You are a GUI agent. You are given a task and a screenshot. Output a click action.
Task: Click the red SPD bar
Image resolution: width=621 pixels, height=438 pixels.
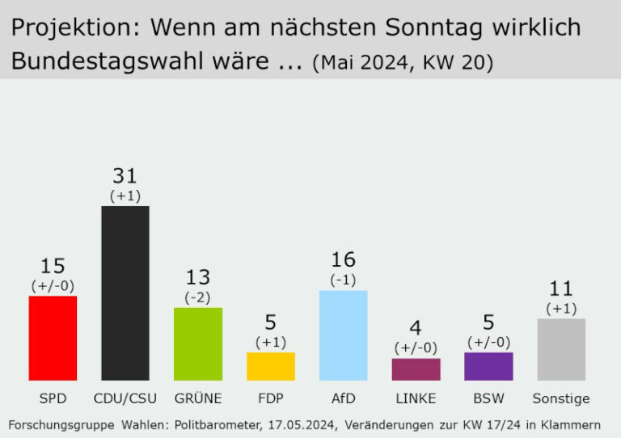[x=53, y=338]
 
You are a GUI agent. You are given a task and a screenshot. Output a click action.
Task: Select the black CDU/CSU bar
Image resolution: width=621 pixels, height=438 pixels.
[x=125, y=293]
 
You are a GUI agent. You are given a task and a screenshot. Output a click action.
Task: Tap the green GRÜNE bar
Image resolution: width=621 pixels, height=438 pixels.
[x=197, y=343]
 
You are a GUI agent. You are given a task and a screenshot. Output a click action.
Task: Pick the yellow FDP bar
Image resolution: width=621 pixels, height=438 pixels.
[x=270, y=366]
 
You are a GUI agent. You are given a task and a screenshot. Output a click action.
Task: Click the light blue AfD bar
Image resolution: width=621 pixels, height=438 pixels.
[x=343, y=335]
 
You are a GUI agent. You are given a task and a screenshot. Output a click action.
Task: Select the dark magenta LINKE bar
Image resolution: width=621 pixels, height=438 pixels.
[x=416, y=369]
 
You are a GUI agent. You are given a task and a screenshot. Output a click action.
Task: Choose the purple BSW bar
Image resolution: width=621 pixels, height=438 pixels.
[x=488, y=366]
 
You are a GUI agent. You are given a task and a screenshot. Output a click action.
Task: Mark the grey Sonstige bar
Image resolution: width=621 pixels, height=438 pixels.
[x=561, y=349]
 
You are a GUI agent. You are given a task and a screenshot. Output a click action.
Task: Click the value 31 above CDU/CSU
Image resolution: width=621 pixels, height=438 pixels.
[x=125, y=176]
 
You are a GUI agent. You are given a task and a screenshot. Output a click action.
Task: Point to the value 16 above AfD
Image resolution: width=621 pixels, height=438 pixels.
[x=343, y=259]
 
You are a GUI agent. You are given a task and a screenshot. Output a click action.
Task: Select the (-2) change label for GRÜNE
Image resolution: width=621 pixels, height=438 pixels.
[x=197, y=297]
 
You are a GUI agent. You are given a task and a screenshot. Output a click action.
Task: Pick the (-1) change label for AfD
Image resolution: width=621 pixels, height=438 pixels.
[x=343, y=280]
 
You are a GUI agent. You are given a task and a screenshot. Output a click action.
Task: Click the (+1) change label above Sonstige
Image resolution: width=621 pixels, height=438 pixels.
[x=561, y=309]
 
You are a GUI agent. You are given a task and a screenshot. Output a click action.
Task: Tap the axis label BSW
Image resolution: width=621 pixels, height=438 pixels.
[x=488, y=398]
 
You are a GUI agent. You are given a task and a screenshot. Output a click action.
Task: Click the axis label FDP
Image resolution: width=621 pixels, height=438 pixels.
[x=270, y=398]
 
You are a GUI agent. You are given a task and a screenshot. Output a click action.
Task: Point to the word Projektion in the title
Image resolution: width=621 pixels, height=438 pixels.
[x=68, y=28]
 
